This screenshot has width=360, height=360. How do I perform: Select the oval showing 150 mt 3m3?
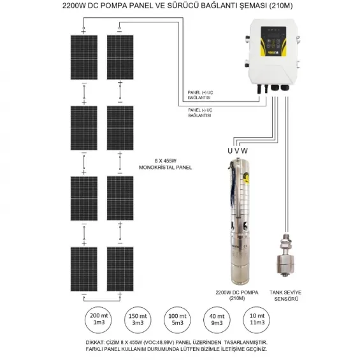(135, 319)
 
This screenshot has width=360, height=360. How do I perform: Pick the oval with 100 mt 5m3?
(173, 319)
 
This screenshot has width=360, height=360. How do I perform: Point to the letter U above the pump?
(231, 151)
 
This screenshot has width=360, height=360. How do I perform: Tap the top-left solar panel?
(83, 57)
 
